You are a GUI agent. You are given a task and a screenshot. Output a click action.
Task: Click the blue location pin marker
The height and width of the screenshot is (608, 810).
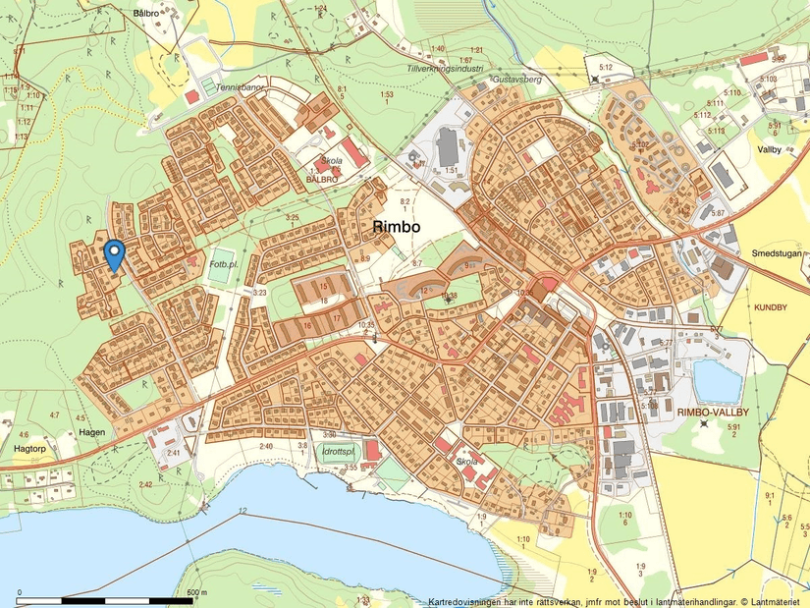pos(115,253)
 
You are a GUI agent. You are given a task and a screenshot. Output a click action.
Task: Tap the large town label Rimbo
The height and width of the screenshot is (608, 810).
pos(397,226)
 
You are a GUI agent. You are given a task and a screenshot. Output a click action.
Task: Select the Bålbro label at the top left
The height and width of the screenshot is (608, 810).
pos(144,14)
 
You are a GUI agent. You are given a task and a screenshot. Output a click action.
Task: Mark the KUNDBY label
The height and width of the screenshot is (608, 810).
pos(771,307)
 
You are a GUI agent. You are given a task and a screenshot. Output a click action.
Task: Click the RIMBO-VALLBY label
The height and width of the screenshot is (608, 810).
pos(714,414)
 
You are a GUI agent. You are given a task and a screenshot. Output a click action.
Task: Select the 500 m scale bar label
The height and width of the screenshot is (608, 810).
pos(196,592)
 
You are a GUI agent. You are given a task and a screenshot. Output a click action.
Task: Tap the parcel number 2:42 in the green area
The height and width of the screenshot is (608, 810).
pos(146,484)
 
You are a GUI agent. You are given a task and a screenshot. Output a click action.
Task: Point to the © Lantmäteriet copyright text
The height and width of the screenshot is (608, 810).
pos(771,601)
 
